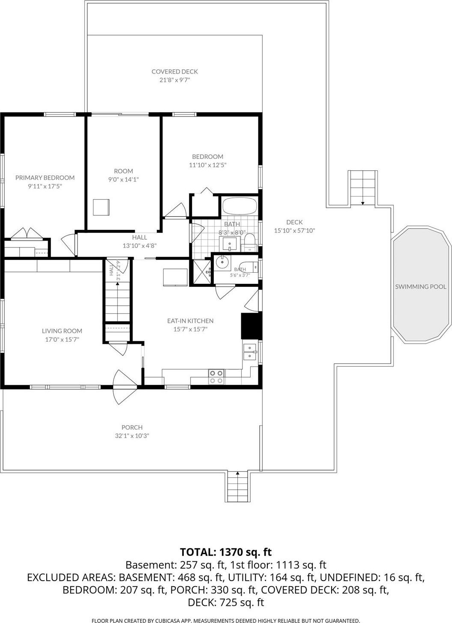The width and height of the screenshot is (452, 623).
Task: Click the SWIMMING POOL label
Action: pyautogui.click(x=421, y=286)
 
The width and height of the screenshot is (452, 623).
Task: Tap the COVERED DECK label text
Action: pyautogui.click(x=174, y=72)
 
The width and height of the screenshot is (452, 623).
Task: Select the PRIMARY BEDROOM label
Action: pyautogui.click(x=45, y=177)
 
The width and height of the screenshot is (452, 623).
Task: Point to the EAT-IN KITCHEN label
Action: pyautogui.click(x=190, y=321)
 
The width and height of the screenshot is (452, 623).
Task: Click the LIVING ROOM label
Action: pyautogui.click(x=62, y=331)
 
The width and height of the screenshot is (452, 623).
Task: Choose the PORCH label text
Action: pyautogui.click(x=132, y=427)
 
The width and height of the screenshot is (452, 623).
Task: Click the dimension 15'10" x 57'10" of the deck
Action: pyautogui.click(x=294, y=230)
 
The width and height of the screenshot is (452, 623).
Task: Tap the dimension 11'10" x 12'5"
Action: pyautogui.click(x=208, y=165)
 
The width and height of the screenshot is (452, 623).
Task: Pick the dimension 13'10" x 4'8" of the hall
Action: pyautogui.click(x=140, y=246)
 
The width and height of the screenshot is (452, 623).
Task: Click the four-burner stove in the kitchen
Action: pyautogui.click(x=216, y=377)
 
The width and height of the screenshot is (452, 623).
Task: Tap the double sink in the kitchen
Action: pyautogui.click(x=250, y=352)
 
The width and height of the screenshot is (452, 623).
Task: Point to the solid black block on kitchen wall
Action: pyautogui.click(x=251, y=326)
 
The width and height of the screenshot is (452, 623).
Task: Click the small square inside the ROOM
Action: pyautogui.click(x=101, y=207)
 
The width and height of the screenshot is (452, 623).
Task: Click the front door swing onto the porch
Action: pyautogui.click(x=125, y=387)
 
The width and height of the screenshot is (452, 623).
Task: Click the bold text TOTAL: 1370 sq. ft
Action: pyautogui.click(x=226, y=552)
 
